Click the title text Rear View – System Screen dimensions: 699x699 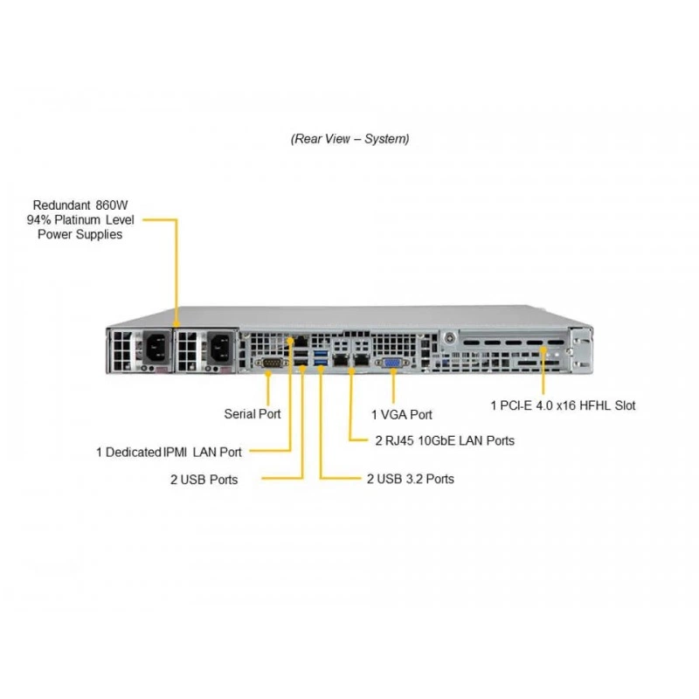click(350, 139)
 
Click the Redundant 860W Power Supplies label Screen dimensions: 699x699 click(80, 220)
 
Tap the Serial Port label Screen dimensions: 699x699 click(253, 414)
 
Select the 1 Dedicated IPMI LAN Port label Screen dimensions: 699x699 click(169, 452)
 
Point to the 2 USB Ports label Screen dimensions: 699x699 click(204, 480)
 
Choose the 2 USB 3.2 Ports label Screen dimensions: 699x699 click(411, 479)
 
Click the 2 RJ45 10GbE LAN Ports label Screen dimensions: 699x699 click(445, 440)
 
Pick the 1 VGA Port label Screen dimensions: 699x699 click(402, 414)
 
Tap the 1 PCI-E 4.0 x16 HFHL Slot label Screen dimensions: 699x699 click(563, 405)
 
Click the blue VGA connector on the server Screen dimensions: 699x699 click(391, 363)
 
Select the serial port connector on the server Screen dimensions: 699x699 click(271, 363)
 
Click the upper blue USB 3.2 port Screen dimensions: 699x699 click(321, 354)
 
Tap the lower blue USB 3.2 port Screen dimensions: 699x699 click(321, 362)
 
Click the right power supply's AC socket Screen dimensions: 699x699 click(220, 346)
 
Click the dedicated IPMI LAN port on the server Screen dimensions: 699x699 click(301, 342)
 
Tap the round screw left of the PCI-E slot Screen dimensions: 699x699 click(450, 338)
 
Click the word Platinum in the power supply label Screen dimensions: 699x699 click(77, 220)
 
